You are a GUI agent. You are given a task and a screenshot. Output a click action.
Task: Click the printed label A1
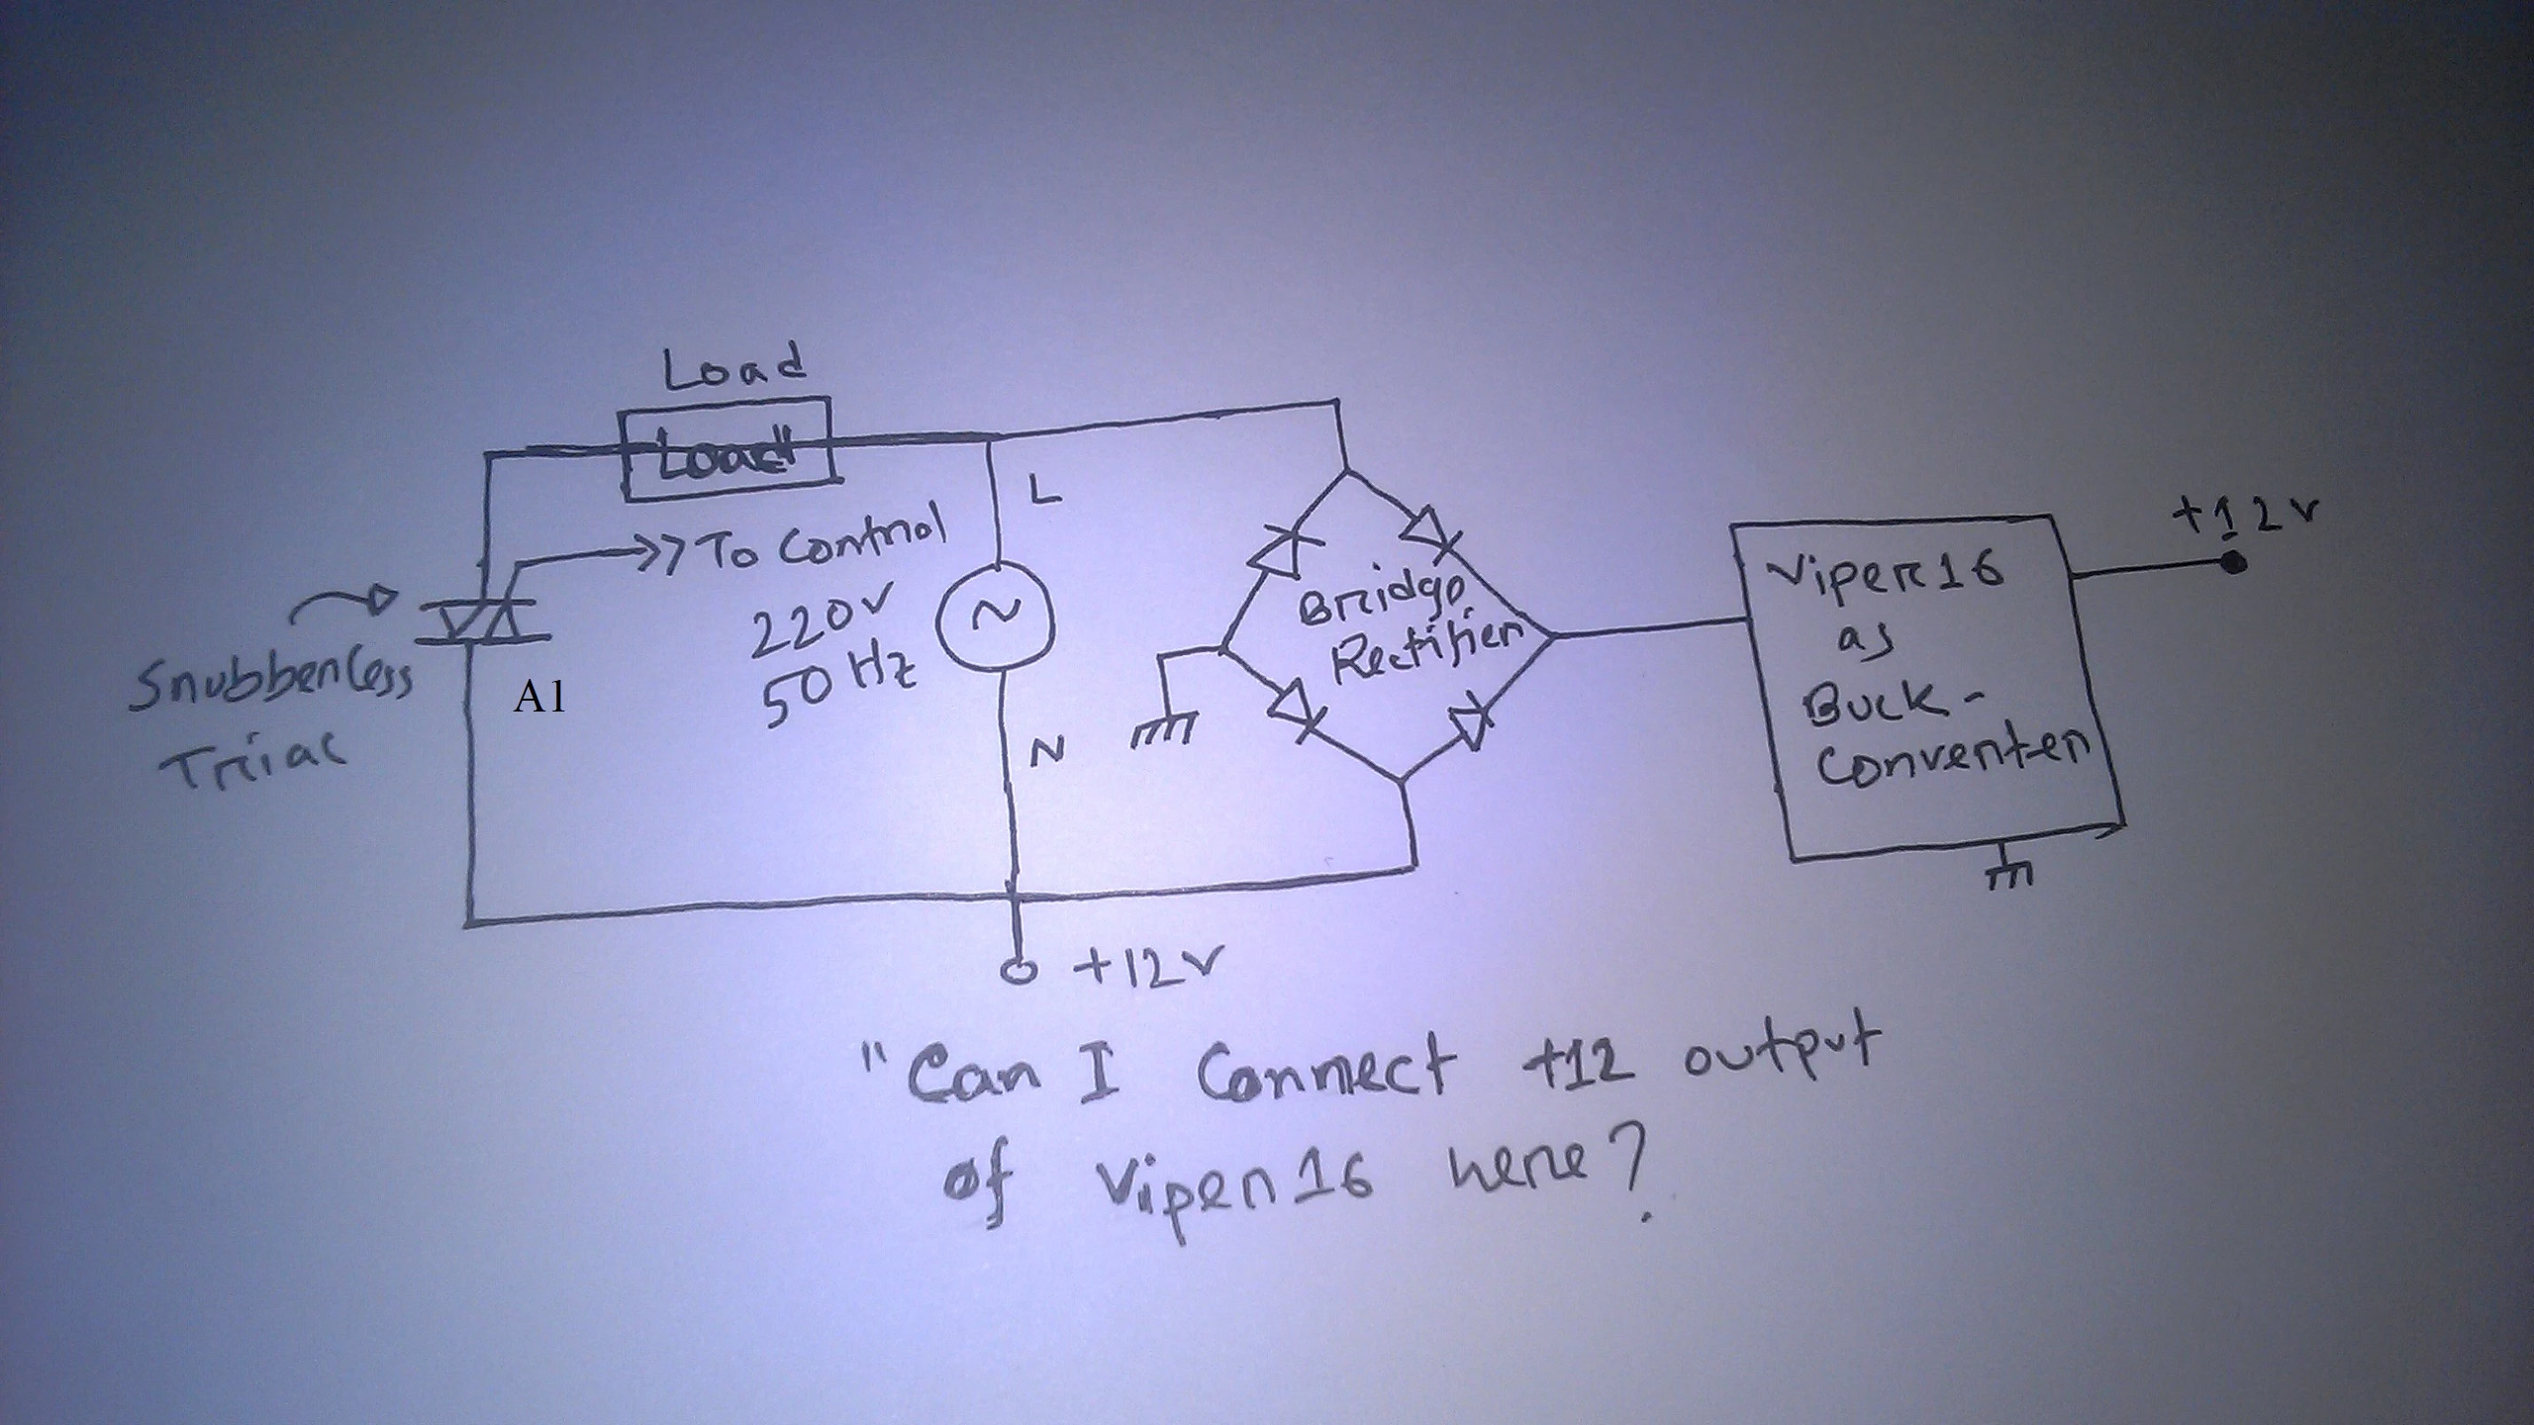[x=540, y=699]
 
